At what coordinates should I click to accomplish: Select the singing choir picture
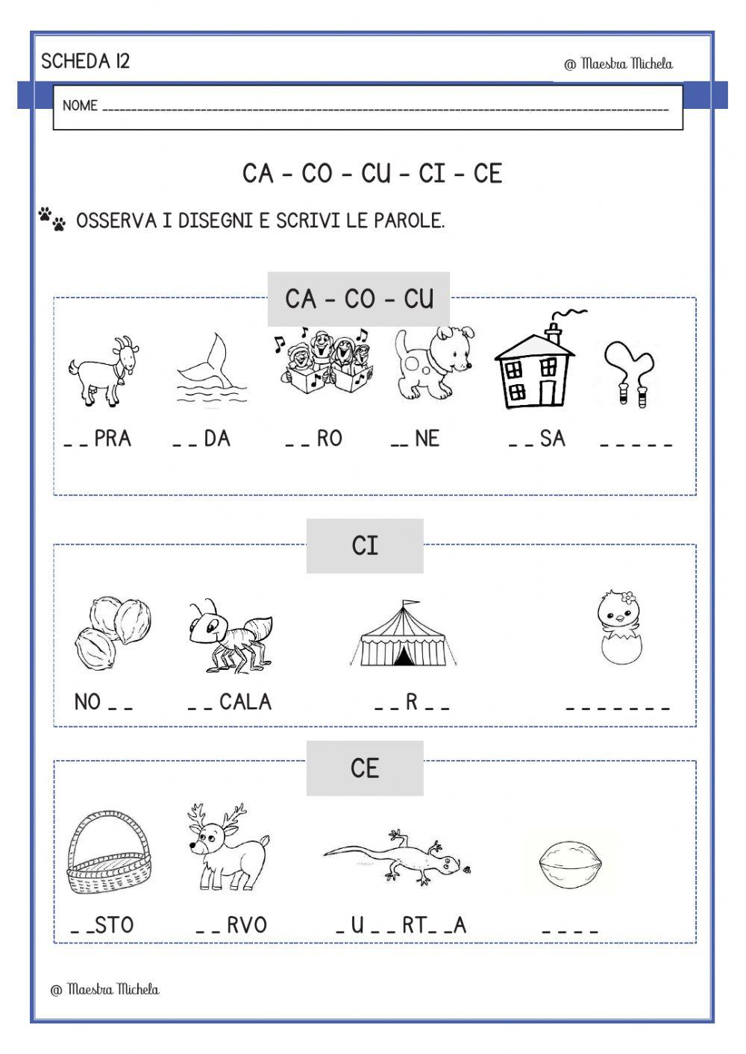pos(321,363)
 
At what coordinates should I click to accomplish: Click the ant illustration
pos(228,634)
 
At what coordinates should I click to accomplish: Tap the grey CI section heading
pos(365,546)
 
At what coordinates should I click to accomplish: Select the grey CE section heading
pos(365,768)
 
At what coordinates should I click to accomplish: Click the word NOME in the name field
pos(80,106)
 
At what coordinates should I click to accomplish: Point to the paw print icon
pos(51,219)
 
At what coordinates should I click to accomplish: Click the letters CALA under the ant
pos(245,702)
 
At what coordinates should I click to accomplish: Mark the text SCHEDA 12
pos(85,61)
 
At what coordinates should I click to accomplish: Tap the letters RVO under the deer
pos(246,926)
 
